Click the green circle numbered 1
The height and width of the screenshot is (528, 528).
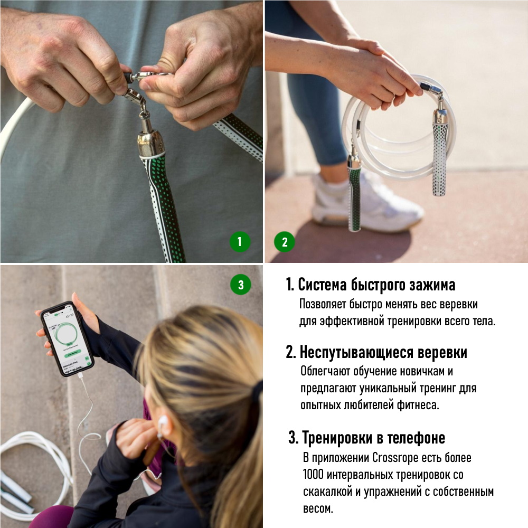point(240,242)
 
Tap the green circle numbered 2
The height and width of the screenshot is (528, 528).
point(285,242)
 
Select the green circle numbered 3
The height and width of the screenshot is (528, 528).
point(241,285)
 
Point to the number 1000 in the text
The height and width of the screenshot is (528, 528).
point(313,475)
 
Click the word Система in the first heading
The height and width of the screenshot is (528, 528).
point(323,285)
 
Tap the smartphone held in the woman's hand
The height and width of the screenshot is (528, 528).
point(67,339)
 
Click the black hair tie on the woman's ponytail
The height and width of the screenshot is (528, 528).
point(258,391)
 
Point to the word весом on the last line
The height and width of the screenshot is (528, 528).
point(317,508)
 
